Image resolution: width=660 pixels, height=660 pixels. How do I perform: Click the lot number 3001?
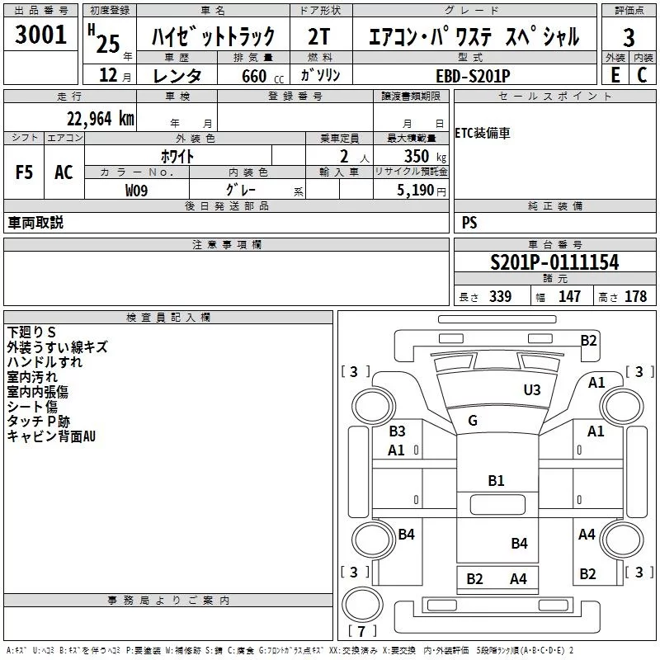point(41,35)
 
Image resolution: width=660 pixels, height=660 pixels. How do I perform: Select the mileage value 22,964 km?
point(101,119)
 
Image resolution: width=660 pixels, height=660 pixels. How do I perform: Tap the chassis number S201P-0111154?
point(554,262)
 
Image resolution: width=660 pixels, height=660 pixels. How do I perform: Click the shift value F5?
point(25,172)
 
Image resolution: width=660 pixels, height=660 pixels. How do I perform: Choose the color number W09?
point(137,191)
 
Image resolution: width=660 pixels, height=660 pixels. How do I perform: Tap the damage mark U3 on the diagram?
point(532,389)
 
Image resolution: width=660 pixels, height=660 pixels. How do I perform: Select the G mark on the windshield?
point(473,421)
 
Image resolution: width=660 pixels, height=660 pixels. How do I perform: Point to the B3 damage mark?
point(397,431)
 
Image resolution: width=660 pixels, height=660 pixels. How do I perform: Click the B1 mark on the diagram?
point(496,480)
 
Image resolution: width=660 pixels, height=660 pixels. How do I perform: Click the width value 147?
point(569,297)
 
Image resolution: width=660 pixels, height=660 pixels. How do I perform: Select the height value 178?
point(635,297)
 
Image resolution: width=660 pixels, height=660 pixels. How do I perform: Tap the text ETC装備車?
point(483,134)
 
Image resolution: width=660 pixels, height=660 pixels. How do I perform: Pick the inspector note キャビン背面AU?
point(51,436)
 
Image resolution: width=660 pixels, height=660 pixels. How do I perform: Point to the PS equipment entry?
point(469,223)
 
